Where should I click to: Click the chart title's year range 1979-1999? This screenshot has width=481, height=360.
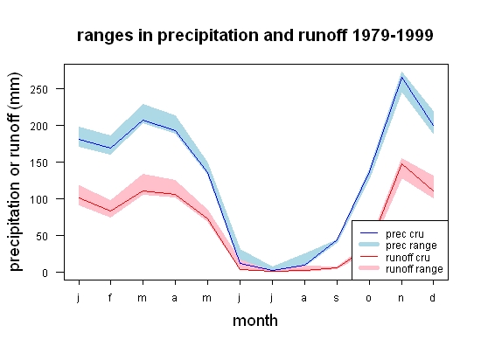pyautogui.click(x=393, y=35)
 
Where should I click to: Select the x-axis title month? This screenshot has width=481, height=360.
pyautogui.click(x=255, y=321)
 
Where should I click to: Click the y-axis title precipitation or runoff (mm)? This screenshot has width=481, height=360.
pyautogui.click(x=15, y=172)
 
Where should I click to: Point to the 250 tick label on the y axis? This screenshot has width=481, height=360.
pyautogui.click(x=39, y=89)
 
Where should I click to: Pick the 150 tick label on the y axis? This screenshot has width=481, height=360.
pyautogui.click(x=39, y=163)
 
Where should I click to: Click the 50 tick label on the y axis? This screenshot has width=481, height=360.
pyautogui.click(x=42, y=236)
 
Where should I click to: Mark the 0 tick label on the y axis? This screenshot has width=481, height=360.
pyautogui.click(x=45, y=273)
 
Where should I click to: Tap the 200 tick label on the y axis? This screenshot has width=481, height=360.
pyautogui.click(x=39, y=126)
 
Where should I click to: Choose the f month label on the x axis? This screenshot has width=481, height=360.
pyautogui.click(x=110, y=297)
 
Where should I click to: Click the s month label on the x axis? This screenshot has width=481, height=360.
pyautogui.click(x=337, y=298)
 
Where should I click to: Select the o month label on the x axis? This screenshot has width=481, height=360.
pyautogui.click(x=369, y=298)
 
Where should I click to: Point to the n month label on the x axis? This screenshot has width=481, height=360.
pyautogui.click(x=401, y=298)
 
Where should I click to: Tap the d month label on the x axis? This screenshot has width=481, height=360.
pyautogui.click(x=432, y=297)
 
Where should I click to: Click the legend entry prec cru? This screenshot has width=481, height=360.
pyautogui.click(x=392, y=234)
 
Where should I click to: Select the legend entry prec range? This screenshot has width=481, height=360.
pyautogui.click(x=399, y=246)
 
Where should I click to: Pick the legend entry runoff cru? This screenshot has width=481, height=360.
pyautogui.click(x=395, y=258)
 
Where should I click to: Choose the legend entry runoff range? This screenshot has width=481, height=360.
pyautogui.click(x=401, y=269)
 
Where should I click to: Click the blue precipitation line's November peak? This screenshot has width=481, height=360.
pyautogui.click(x=401, y=77)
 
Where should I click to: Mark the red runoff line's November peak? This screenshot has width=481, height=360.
pyautogui.click(x=401, y=164)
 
